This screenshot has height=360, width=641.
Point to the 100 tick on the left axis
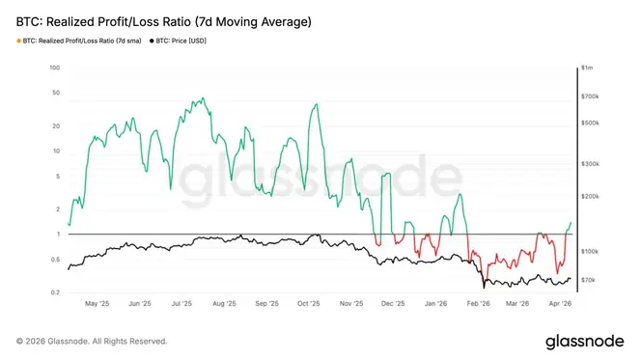coord(55,68)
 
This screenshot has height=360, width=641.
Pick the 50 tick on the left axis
coord(56,94)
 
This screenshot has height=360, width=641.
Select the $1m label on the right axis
coord(586,68)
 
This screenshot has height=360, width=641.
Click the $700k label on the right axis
coord(591,97)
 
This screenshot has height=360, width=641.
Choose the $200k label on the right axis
coord(591,196)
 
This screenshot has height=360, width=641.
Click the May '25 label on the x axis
coord(98,302)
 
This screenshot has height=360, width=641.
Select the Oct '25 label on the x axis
coord(309,302)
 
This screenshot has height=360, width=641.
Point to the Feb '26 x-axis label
coord(478,302)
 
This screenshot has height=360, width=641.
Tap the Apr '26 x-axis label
coord(562,302)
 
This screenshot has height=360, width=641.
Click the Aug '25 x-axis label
coord(225,302)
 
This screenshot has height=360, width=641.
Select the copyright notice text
coord(92,341)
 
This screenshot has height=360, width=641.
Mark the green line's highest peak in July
coord(201,98)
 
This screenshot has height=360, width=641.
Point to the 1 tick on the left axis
coord(57,235)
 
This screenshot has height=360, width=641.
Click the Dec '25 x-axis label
coord(393,302)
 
